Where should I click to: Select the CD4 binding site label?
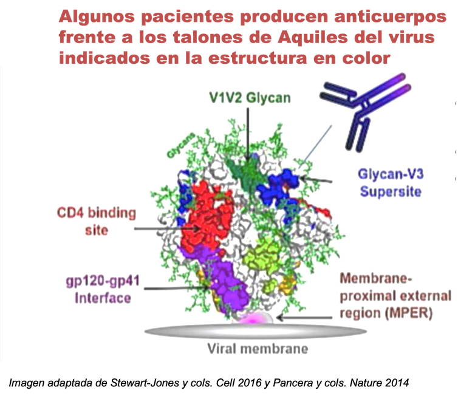[x=97, y=222]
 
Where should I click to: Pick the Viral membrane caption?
[x=258, y=349]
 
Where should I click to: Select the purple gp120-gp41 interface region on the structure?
[x=234, y=285]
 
